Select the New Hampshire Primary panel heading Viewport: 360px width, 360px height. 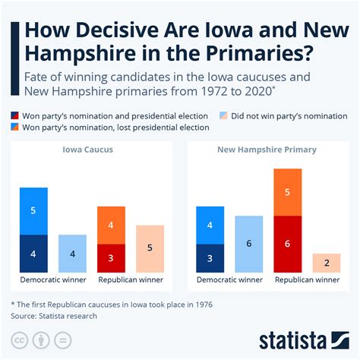point(267,150)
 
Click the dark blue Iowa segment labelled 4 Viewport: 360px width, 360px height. point(33,254)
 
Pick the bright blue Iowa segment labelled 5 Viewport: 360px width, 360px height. point(33,210)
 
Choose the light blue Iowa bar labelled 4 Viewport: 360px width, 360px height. point(72,254)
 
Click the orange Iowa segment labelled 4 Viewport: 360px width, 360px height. point(112,225)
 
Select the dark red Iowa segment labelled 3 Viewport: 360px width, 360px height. point(112,259)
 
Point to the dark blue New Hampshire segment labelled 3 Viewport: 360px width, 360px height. point(210,259)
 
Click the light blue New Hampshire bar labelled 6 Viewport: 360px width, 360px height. point(249,245)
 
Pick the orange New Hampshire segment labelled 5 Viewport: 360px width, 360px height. point(287,192)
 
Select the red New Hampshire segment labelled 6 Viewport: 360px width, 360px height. point(287,245)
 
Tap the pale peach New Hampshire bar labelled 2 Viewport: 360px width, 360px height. point(326,264)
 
